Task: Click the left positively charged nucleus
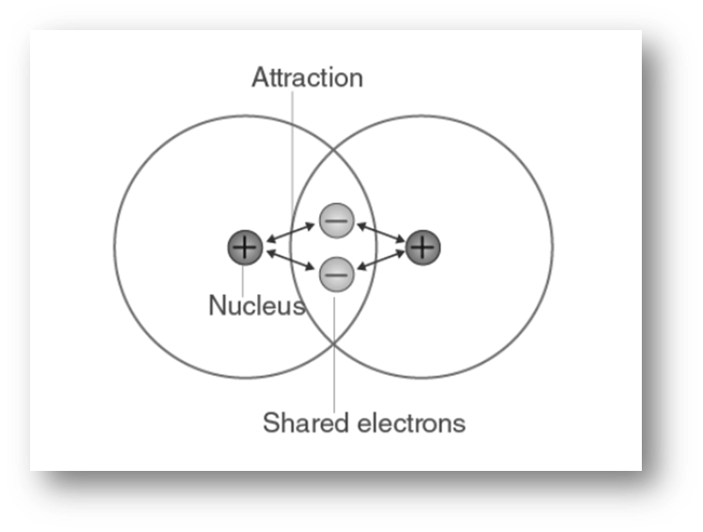tap(244, 248)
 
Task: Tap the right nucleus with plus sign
tap(423, 247)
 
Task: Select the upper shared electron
tap(336, 221)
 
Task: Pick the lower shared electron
tap(336, 274)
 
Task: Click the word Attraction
tap(307, 77)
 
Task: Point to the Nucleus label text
tap(256, 305)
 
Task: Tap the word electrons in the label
tap(411, 423)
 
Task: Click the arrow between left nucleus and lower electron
tap(289, 261)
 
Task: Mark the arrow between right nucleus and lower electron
tap(380, 261)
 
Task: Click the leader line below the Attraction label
tap(291, 150)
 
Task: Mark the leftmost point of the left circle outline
tap(115, 247)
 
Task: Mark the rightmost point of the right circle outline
tap(552, 247)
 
